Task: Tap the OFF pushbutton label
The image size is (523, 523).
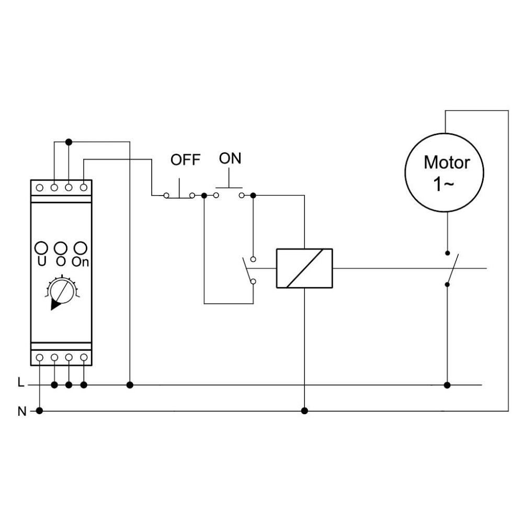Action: pos(186,160)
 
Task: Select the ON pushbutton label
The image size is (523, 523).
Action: pos(230,158)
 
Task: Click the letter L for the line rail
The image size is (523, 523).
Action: pos(21,382)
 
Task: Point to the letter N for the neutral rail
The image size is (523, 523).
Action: pos(21,411)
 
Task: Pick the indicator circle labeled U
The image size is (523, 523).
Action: pos(41,248)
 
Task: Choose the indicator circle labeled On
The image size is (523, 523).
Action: pos(81,248)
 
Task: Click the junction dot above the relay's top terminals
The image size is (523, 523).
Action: pos(69,142)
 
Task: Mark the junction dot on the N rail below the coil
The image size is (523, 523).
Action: pos(304,411)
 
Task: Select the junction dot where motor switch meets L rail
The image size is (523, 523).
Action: pos(447,385)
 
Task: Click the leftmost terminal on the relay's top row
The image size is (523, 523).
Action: pos(39,188)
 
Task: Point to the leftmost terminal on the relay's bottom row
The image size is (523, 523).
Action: pos(39,358)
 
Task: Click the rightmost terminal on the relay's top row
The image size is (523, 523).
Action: pos(84,188)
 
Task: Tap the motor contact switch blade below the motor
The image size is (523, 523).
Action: pos(452,269)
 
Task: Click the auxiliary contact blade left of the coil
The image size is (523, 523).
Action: pos(247,270)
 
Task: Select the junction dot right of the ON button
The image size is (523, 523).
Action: pos(253,195)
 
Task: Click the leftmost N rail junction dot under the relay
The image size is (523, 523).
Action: pos(39,411)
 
